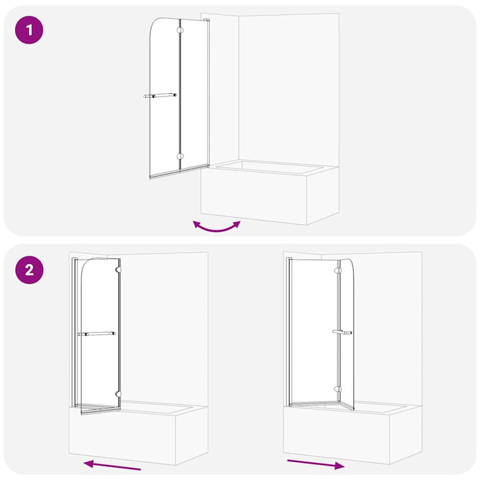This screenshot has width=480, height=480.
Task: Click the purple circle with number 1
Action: pyautogui.click(x=29, y=30)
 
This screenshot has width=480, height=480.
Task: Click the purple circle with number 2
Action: pyautogui.click(x=29, y=269)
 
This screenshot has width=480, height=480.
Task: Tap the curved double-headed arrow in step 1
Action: pyautogui.click(x=217, y=227)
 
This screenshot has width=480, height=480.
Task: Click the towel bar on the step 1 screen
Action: pyautogui.click(x=160, y=96)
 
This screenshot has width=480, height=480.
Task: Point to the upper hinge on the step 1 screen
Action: pyautogui.click(x=180, y=30)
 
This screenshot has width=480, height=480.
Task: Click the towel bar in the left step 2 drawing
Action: pyautogui.click(x=97, y=334)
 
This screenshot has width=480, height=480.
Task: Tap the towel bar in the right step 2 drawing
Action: pyautogui.click(x=341, y=333)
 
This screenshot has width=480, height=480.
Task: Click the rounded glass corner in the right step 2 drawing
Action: pyautogui.click(x=350, y=263)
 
